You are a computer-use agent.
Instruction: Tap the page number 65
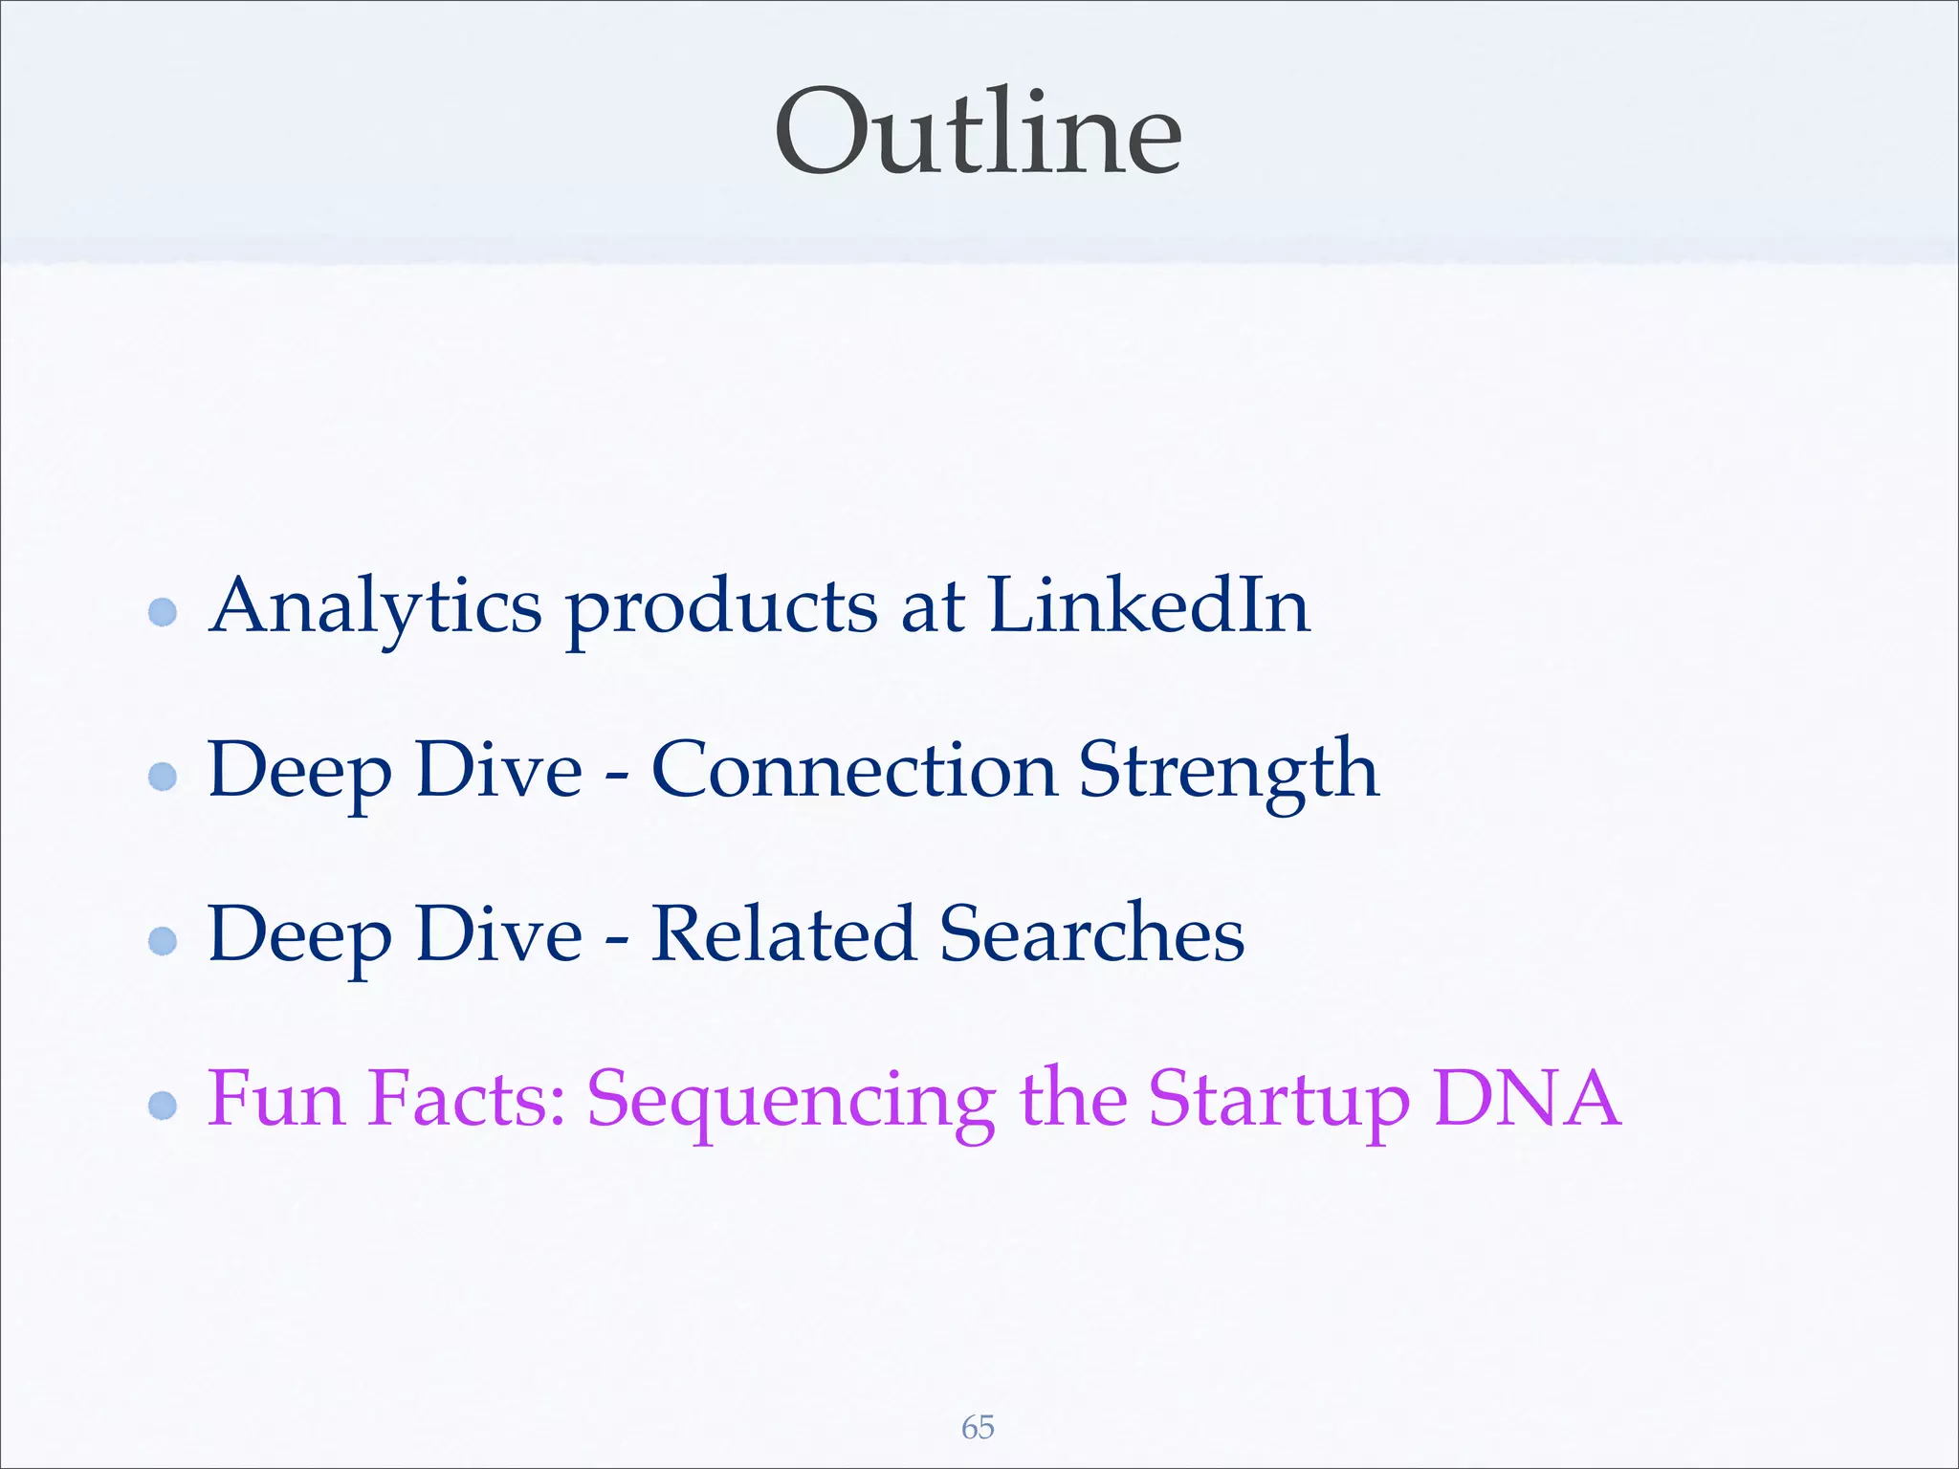click(x=978, y=1428)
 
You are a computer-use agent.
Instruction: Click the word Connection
click(x=854, y=770)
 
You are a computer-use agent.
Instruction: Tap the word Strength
click(x=1229, y=770)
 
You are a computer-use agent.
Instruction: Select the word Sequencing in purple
click(x=791, y=1100)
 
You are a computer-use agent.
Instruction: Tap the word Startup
click(x=1279, y=1100)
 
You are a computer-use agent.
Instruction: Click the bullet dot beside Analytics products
click(x=164, y=612)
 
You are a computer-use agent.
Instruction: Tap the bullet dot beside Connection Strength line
click(x=164, y=776)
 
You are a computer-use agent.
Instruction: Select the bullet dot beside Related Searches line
click(x=164, y=941)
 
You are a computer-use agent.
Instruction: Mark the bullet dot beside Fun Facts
click(x=164, y=1106)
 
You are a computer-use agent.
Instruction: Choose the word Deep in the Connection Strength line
click(x=299, y=770)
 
